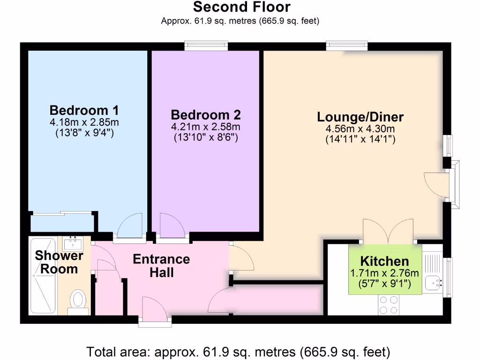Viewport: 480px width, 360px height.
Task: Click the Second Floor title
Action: tap(241, 7)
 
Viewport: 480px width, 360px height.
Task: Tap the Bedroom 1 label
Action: tap(84, 111)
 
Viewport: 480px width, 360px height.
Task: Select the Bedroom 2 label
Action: tap(206, 115)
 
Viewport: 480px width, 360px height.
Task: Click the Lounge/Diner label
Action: tap(360, 117)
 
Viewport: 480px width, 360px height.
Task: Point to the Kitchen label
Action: tap(384, 262)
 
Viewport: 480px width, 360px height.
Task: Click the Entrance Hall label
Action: tap(161, 266)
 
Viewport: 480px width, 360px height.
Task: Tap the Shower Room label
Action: tap(59, 262)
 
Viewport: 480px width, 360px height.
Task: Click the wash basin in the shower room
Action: tap(73, 243)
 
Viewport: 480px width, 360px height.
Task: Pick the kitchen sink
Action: tap(434, 283)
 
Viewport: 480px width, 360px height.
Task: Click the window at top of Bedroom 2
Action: tap(206, 46)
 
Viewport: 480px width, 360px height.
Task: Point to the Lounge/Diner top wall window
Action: tap(347, 46)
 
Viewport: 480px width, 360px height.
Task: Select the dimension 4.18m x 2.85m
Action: tap(84, 123)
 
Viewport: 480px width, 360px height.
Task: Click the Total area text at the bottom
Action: tap(238, 351)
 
